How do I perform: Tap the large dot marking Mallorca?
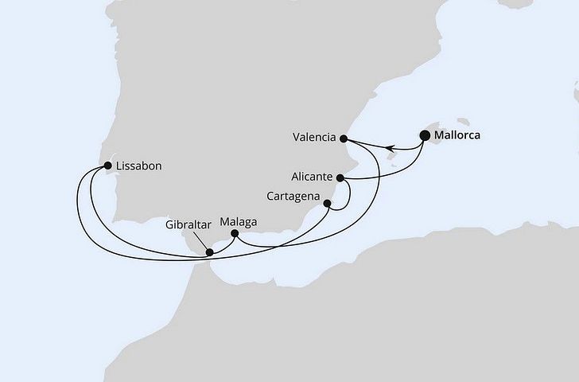click(424, 135)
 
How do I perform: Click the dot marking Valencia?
click(344, 138)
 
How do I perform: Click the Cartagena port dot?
click(327, 205)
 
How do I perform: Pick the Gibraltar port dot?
click(209, 253)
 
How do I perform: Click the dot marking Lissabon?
click(108, 166)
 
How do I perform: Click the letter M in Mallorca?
click(441, 135)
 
